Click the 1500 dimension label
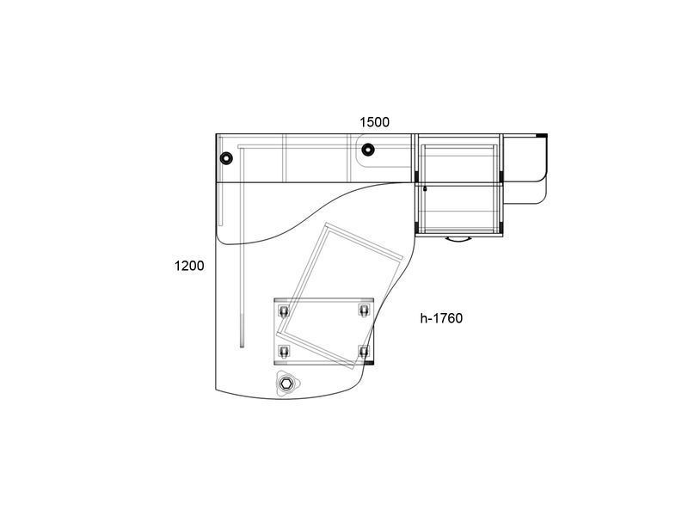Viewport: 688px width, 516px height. [374, 122]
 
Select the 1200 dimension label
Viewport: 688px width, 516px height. [189, 266]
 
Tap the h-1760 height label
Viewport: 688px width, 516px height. [441, 317]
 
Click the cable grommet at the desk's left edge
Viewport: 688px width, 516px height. [226, 157]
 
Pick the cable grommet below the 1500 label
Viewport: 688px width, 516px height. [368, 150]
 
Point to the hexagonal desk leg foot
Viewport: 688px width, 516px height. [286, 384]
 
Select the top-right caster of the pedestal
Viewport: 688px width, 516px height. [364, 310]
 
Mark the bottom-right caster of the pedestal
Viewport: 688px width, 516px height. [364, 352]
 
